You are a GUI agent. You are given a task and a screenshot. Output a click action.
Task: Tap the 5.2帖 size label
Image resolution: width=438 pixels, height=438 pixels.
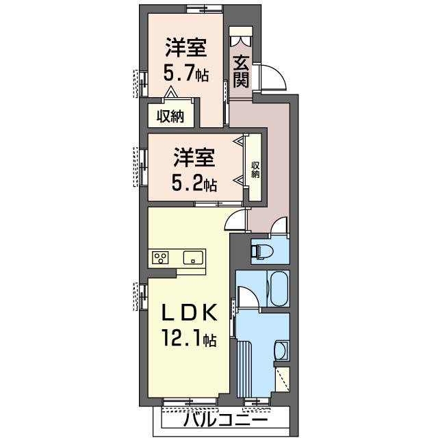coord(194,183)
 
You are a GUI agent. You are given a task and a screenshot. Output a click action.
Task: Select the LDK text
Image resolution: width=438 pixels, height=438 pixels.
coord(190,312)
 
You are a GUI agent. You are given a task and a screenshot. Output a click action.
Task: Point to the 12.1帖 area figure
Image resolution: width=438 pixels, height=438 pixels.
coord(190,337)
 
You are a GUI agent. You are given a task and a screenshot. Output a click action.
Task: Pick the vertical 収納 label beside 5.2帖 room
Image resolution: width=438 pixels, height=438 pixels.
coord(255,168)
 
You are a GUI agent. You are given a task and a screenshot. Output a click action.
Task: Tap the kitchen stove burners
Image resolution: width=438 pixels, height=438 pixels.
coord(162,258)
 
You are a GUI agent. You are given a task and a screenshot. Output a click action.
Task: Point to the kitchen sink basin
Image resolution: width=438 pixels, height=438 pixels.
coord(192,258)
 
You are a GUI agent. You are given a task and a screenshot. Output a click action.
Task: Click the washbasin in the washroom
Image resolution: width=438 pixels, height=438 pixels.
coord(280,352)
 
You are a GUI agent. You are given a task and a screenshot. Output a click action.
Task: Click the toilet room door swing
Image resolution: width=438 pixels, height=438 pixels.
coord(279,225)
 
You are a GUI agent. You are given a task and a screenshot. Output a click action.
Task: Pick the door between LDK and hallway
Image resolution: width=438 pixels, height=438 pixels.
coord(235,219)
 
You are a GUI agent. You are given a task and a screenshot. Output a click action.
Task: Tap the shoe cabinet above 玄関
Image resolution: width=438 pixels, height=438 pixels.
coord(240,38)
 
